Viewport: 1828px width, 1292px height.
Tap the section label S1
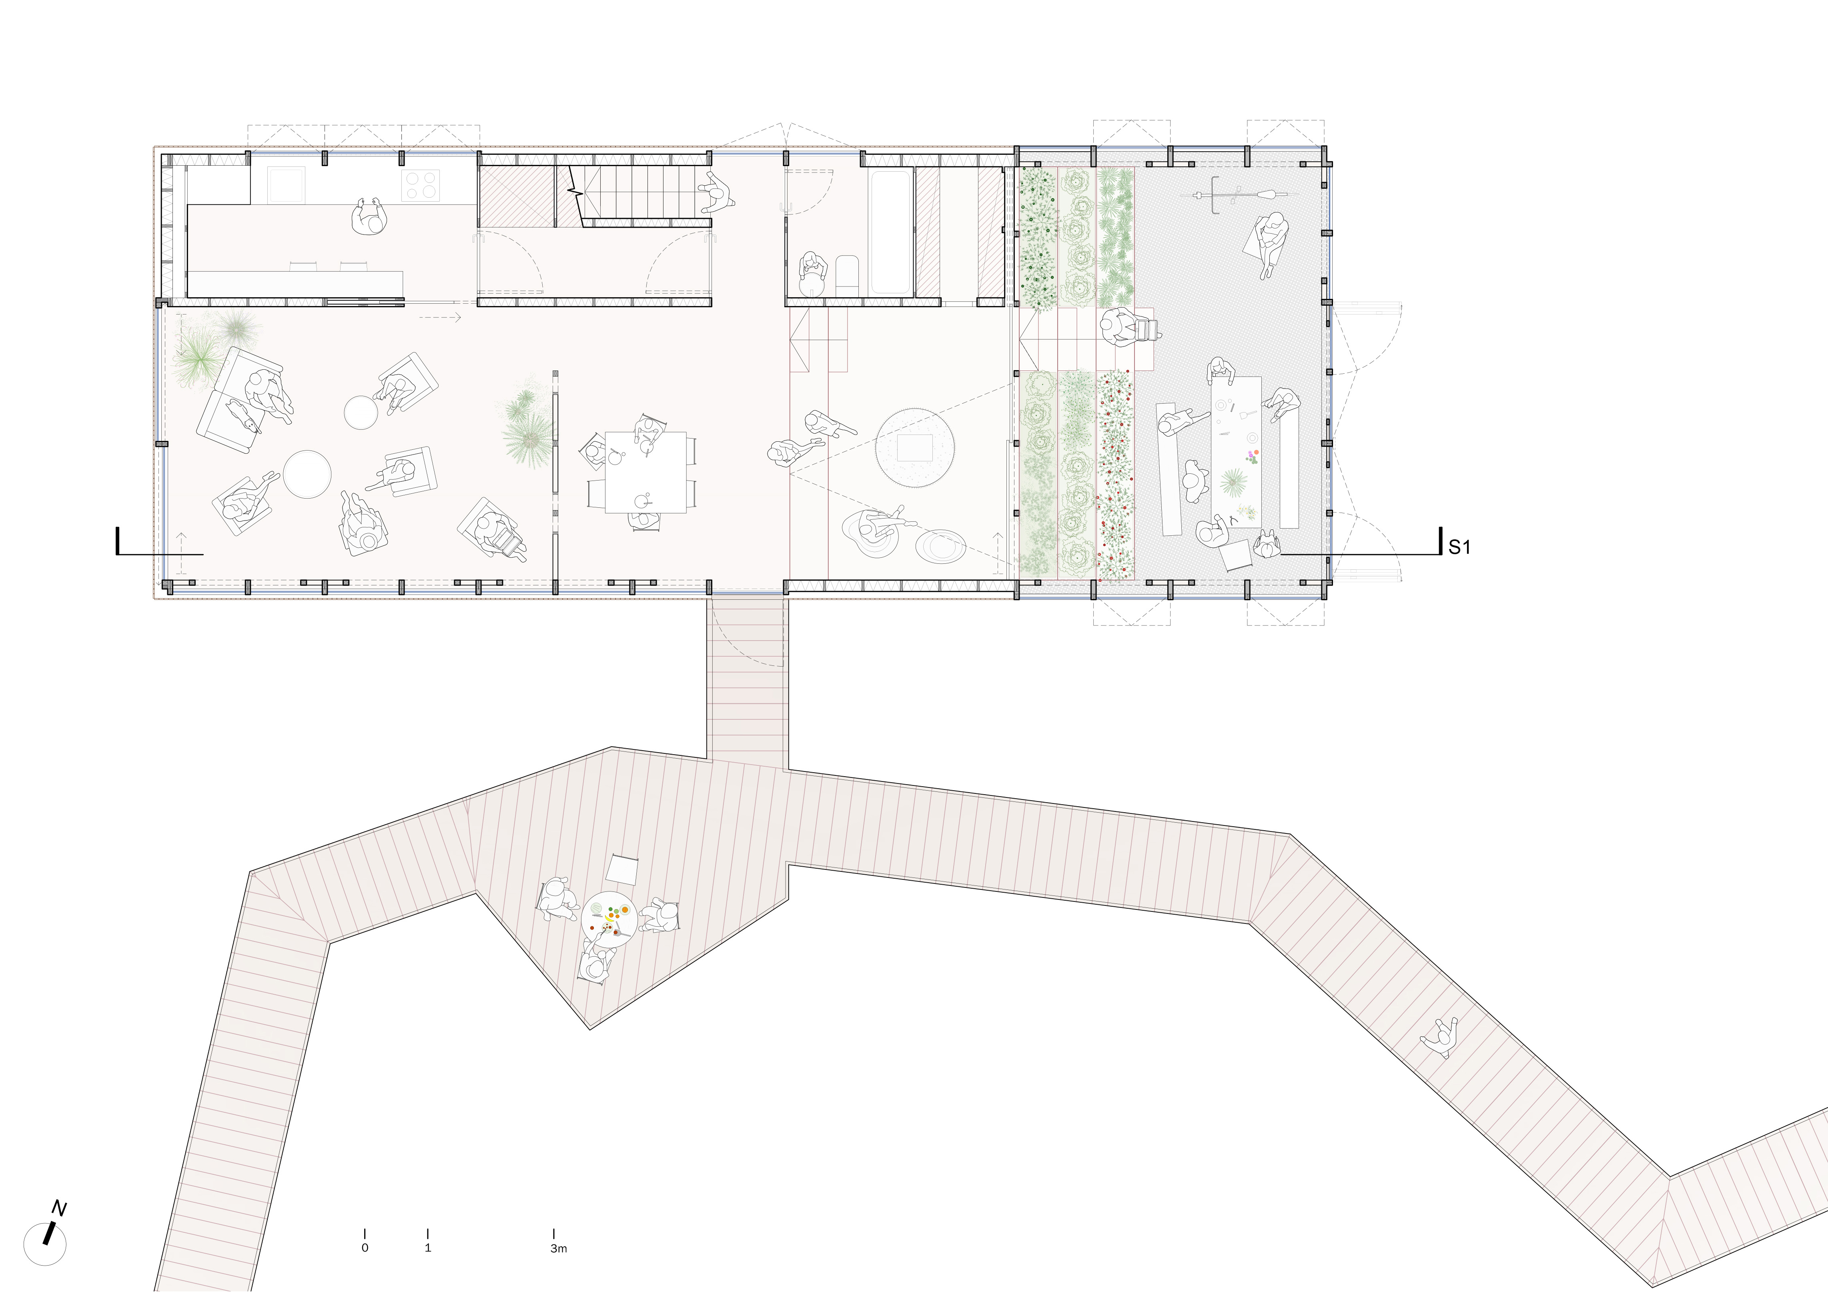(1459, 547)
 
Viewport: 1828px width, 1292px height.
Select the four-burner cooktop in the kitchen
(421, 186)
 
